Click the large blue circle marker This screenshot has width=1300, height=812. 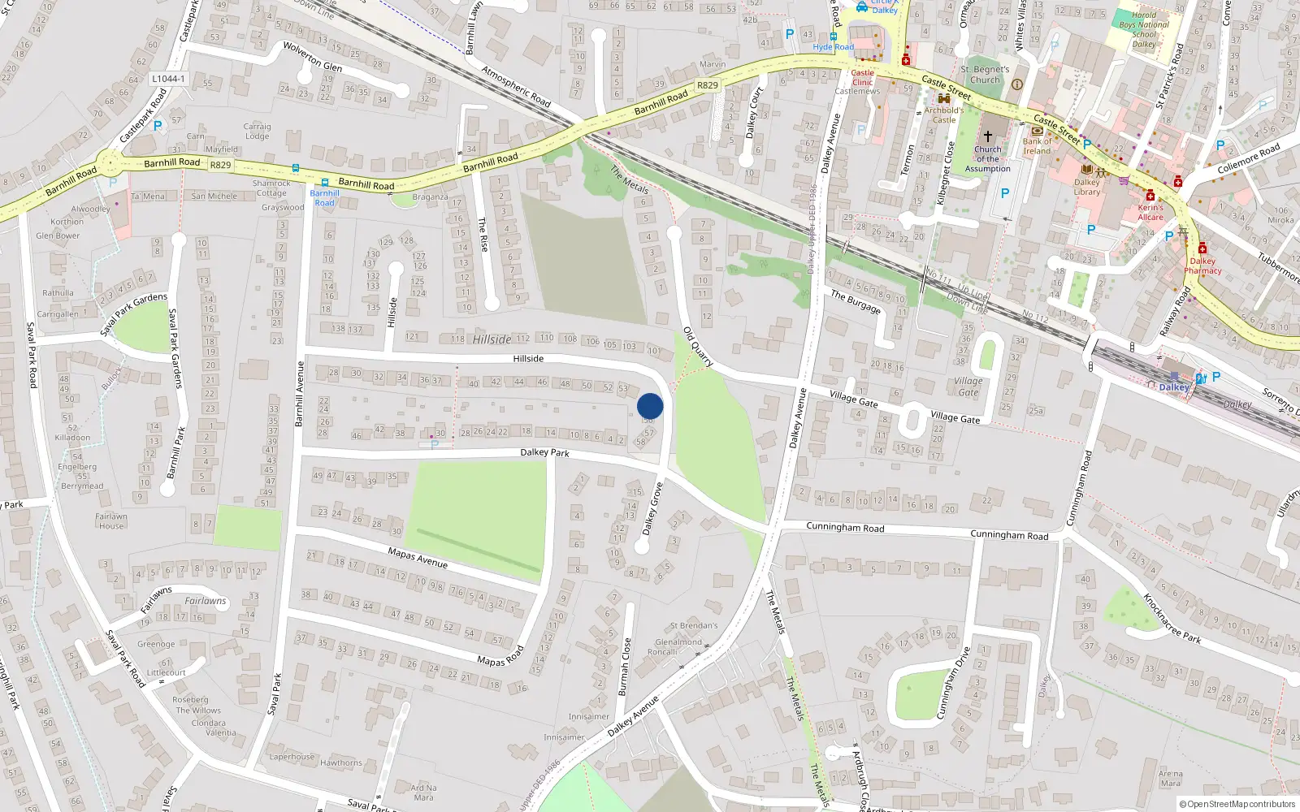click(x=650, y=406)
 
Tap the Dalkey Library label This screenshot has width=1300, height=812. click(x=1087, y=187)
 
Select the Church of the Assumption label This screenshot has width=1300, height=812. click(x=988, y=159)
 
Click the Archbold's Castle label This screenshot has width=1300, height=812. click(x=944, y=114)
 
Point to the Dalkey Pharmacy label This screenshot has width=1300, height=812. click(x=1202, y=266)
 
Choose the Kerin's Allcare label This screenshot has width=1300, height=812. click(x=1150, y=212)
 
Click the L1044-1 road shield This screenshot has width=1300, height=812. click(x=168, y=79)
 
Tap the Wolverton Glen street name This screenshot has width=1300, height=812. click(x=313, y=57)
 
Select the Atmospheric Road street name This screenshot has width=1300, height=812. click(x=516, y=86)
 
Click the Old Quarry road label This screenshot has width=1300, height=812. click(x=698, y=347)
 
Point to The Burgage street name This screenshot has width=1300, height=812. click(x=856, y=301)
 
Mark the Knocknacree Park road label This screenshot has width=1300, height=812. click(x=1172, y=619)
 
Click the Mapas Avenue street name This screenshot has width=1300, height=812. click(x=418, y=557)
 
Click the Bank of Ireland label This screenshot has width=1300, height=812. click(x=1037, y=146)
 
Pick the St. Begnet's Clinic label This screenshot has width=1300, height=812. click(x=985, y=75)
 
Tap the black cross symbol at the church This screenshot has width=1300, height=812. click(x=988, y=136)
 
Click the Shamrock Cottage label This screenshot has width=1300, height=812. click(x=271, y=188)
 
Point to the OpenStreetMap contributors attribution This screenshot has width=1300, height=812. click(x=1237, y=804)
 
